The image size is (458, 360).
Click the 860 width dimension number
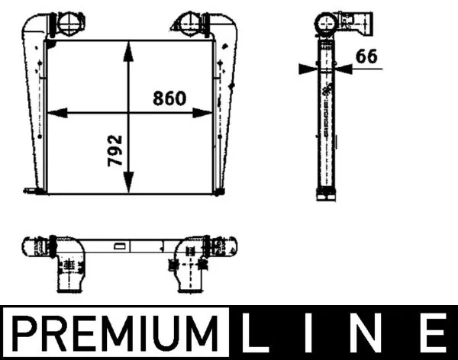coord(169,98)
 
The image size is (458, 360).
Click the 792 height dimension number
coord(114,150)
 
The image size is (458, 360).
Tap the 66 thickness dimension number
coord(366,56)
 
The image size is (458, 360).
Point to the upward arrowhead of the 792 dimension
coord(128,51)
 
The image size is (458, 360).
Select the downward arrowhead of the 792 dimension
coord(128,182)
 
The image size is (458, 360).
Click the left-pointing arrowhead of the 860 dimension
coord(57,113)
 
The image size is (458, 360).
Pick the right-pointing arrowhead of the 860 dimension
coord(202,113)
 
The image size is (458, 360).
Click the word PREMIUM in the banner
coord(114,333)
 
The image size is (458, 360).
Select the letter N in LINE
coord(369,333)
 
